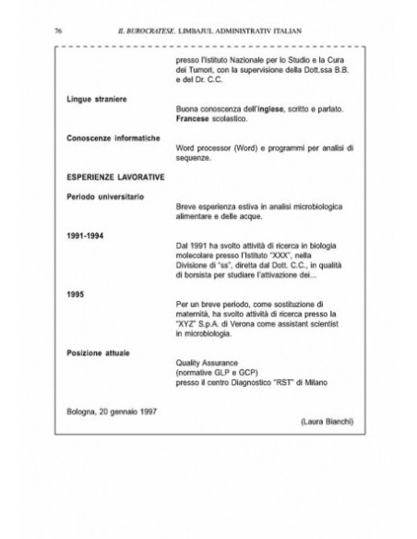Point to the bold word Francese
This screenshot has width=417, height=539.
[192, 120]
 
